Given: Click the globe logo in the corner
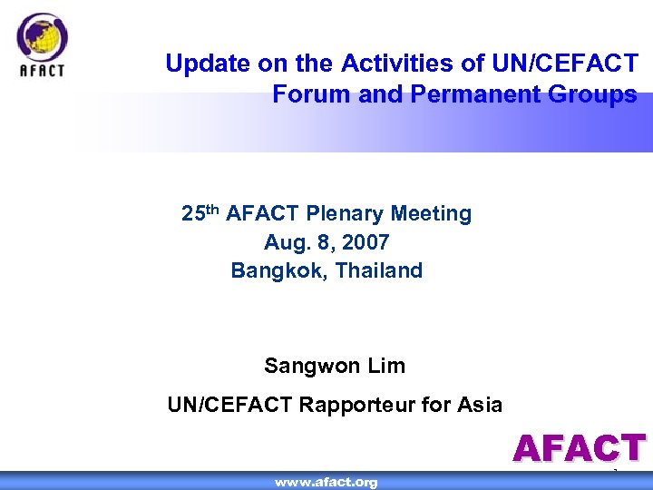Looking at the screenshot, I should coord(42,37).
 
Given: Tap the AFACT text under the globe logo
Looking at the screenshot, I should coord(42,72).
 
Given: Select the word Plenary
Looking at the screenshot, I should coord(343,214).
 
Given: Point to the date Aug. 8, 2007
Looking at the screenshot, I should coord(326,242).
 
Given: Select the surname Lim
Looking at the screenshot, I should coord(386,367).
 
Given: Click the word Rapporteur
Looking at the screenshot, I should coord(356,405).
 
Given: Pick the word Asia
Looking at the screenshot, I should coord(477,405).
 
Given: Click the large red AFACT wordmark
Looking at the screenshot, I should coord(579,448).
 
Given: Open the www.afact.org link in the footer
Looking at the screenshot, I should coord(326,482).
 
